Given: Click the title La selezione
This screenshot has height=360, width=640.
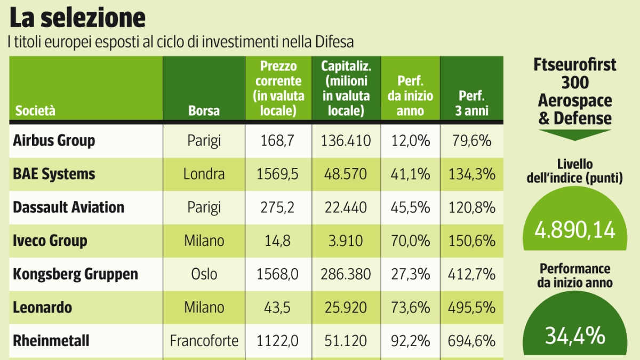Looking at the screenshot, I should [x=77, y=18].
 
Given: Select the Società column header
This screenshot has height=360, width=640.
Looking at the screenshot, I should [x=35, y=111].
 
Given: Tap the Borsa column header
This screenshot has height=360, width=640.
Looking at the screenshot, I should [x=204, y=111].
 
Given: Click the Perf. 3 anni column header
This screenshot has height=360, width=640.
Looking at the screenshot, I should [x=471, y=103].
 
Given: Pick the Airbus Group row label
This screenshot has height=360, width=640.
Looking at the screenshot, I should [x=54, y=141].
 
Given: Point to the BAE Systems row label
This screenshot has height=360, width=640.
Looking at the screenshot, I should [x=54, y=174].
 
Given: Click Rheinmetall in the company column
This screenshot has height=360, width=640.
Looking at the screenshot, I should [x=51, y=340].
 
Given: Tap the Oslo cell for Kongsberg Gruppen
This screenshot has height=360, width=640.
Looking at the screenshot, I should [x=204, y=274].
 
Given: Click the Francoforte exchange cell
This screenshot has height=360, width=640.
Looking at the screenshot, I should [x=204, y=340].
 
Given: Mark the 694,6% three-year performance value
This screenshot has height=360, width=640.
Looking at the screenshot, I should [x=471, y=340].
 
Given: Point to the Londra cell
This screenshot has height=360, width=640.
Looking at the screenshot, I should [x=204, y=174].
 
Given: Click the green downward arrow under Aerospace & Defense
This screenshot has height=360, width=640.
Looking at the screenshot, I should [x=574, y=134].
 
